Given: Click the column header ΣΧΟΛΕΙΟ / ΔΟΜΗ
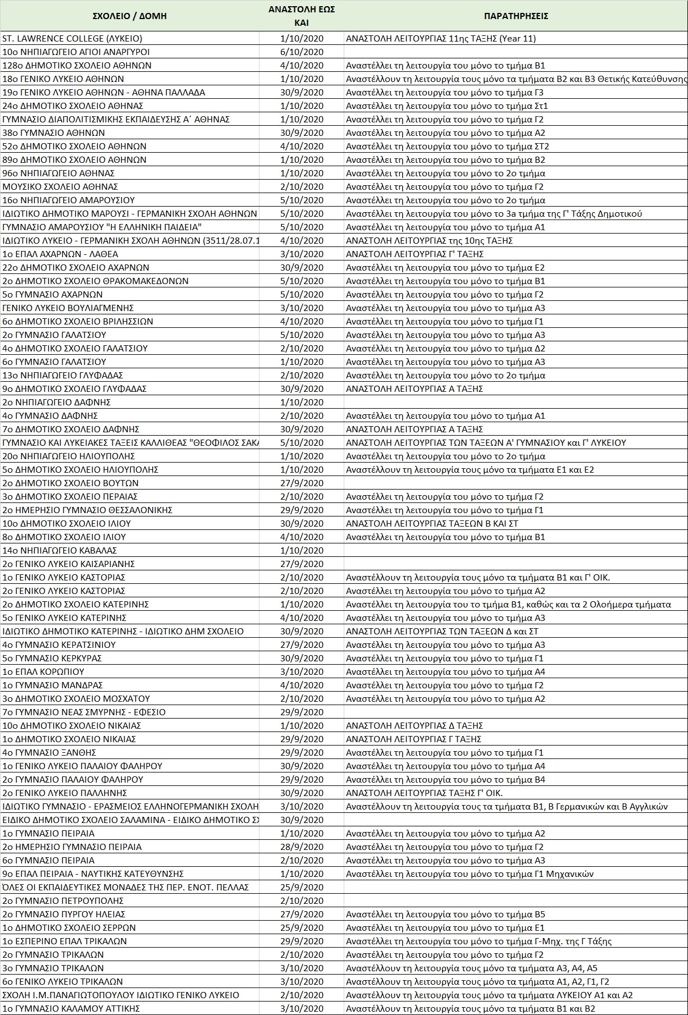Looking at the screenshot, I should (130, 16).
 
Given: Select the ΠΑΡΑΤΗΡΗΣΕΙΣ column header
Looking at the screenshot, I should (516, 16).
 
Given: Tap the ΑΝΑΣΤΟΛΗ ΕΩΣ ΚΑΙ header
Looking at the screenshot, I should (302, 16).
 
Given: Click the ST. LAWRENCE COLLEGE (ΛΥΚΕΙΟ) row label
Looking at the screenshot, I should (72, 39).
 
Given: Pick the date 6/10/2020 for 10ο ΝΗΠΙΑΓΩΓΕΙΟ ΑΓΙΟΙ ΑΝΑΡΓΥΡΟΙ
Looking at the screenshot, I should (302, 52).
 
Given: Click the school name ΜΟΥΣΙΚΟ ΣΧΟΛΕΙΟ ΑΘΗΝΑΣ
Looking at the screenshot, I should (60, 187).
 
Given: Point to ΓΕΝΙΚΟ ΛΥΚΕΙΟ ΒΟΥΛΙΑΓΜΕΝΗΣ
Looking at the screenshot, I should (68, 308).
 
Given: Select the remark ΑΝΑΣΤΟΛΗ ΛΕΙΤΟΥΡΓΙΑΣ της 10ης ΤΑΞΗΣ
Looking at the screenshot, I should (429, 241).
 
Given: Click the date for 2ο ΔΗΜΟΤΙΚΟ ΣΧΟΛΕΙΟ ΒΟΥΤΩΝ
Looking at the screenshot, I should (302, 483).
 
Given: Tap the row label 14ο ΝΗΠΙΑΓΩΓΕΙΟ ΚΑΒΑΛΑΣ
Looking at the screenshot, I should (60, 551).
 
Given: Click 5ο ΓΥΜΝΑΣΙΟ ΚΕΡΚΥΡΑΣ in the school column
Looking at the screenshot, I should (52, 659).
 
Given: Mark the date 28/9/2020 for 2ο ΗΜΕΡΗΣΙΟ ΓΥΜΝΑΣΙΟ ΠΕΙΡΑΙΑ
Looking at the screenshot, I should (302, 847).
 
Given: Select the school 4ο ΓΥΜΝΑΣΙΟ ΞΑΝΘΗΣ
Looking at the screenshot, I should (49, 753).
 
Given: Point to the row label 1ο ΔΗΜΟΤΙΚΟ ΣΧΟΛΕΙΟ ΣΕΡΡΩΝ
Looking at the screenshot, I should (69, 928).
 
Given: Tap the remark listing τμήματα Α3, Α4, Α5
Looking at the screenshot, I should (472, 968).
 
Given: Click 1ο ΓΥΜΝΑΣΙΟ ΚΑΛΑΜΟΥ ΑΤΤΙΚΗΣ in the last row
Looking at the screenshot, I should (71, 1009).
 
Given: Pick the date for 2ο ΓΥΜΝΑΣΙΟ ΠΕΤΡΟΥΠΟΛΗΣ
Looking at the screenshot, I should (302, 901).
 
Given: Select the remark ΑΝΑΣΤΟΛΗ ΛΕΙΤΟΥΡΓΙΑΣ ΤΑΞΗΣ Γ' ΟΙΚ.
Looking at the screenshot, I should (424, 793).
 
